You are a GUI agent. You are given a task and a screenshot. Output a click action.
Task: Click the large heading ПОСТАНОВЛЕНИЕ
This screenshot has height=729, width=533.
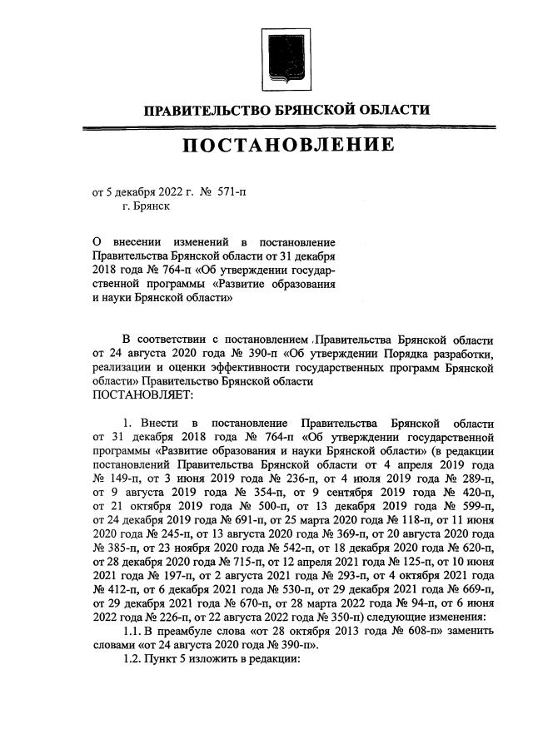point(288,146)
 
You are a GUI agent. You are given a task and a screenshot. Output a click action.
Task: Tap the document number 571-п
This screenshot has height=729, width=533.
point(232,191)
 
